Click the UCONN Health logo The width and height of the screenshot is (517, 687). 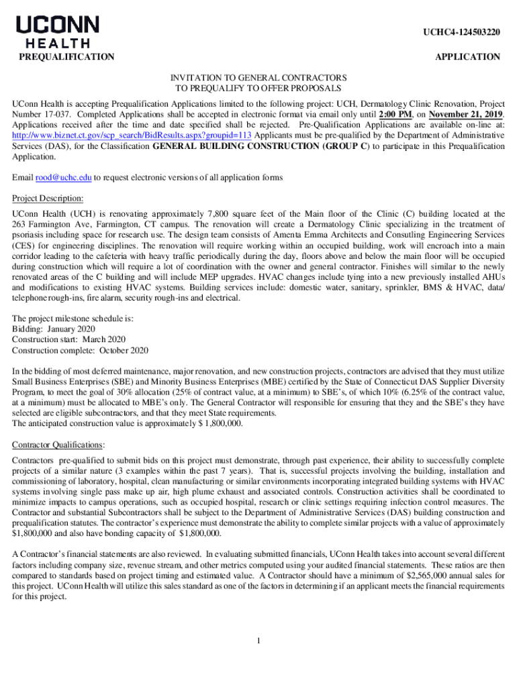[58, 31]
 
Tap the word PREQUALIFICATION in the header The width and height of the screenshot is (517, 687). [66, 57]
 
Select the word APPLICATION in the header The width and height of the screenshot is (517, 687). [467, 57]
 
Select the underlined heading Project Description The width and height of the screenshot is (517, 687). [48, 199]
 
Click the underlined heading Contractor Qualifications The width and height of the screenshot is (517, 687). [58, 445]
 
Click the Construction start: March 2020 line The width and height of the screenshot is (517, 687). [69, 339]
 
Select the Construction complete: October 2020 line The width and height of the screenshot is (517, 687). [80, 350]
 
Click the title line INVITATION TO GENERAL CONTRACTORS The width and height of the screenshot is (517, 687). [258, 78]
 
